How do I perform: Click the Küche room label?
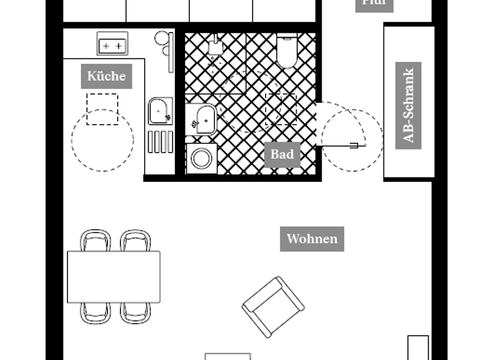(107, 76)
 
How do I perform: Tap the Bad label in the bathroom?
(282, 154)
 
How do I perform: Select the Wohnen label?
(312, 239)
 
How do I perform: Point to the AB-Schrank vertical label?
(408, 105)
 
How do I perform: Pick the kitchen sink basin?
(159, 111)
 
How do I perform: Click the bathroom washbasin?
(205, 119)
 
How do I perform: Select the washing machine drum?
(202, 158)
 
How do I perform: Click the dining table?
(114, 276)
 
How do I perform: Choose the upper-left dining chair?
(95, 240)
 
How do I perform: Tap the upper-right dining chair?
(135, 240)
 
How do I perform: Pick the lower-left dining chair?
(95, 312)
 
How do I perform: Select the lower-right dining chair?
(135, 312)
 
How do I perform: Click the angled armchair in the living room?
(273, 306)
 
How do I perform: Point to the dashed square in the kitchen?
(102, 109)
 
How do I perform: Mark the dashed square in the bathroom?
(281, 109)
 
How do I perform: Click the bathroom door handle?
(353, 146)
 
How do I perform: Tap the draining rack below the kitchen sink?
(160, 141)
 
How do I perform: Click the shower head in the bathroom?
(214, 46)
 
